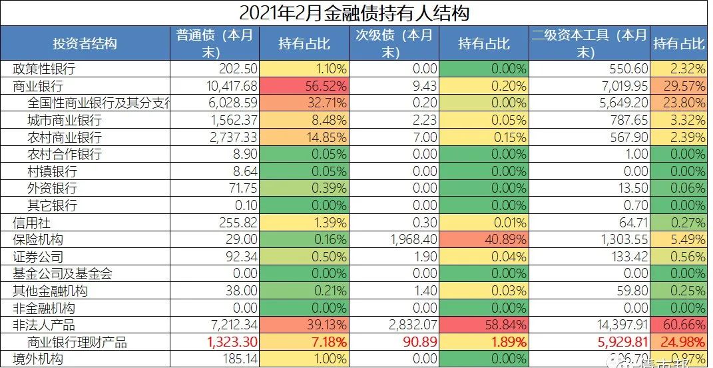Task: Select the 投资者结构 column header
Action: [85, 43]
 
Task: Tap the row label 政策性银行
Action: [44, 69]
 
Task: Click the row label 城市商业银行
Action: [65, 121]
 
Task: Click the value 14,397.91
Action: [618, 325]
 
